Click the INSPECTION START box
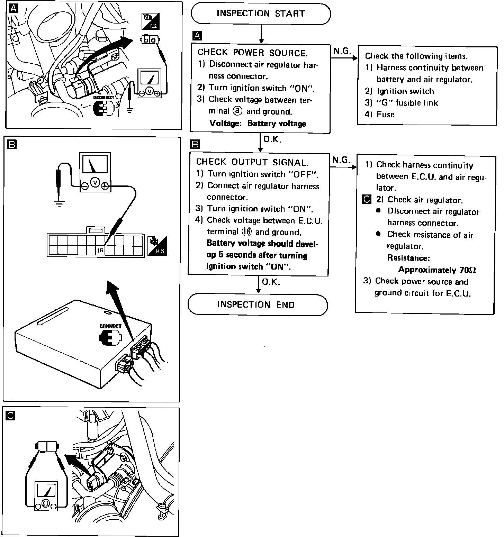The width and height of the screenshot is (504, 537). click(261, 14)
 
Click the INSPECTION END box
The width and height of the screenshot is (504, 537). click(256, 305)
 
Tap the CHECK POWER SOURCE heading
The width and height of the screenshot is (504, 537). click(252, 53)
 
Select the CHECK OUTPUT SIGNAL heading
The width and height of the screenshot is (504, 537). click(252, 162)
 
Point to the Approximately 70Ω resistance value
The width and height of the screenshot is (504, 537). click(439, 270)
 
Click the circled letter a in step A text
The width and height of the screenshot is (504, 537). click(238, 111)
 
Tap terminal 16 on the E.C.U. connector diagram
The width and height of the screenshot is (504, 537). click(100, 251)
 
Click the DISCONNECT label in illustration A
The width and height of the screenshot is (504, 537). click(103, 98)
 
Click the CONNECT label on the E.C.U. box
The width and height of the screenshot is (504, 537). click(110, 326)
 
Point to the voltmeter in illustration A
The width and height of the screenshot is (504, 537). click(149, 83)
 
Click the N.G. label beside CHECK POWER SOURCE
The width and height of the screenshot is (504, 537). click(342, 51)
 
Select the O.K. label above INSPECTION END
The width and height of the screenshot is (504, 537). click(271, 282)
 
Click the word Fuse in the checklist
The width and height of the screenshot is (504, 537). click(385, 115)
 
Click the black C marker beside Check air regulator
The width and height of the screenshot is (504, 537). click(366, 200)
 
